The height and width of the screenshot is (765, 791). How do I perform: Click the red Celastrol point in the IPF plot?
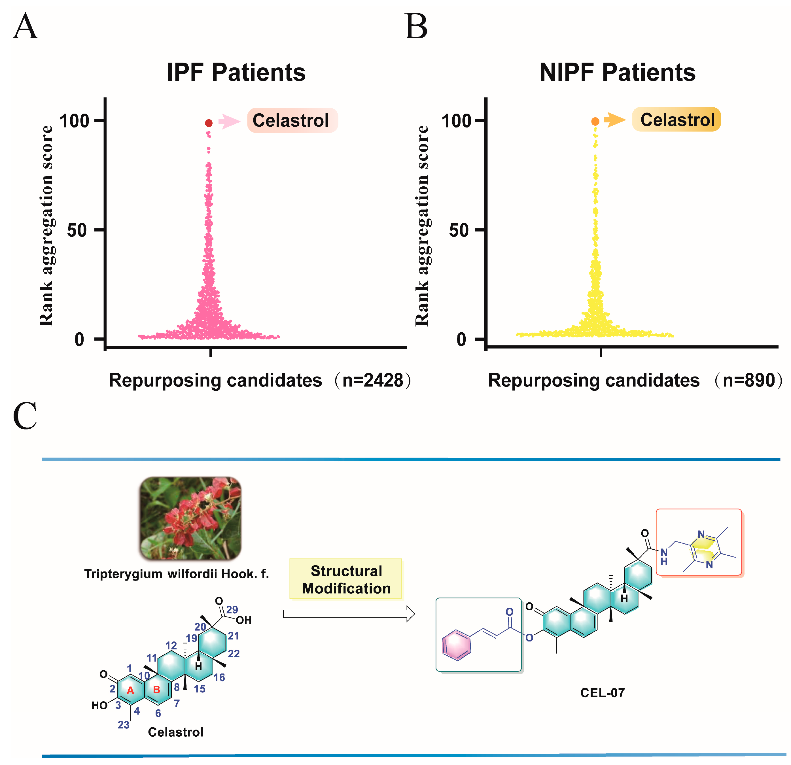point(209,123)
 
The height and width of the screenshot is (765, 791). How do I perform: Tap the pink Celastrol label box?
point(292,120)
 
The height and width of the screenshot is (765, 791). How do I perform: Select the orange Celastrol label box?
point(677,120)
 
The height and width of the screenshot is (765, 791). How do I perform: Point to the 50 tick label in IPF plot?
point(77,230)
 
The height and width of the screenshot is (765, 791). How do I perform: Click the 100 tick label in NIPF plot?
point(456,121)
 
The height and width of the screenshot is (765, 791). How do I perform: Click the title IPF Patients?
point(236,73)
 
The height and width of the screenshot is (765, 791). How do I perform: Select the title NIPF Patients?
point(618,73)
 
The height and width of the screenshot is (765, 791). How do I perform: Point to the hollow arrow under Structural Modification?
point(349,614)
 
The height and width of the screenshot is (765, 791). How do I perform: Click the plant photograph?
point(190,518)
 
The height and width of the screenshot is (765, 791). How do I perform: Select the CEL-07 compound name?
point(603,693)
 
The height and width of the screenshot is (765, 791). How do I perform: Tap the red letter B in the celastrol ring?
point(157,690)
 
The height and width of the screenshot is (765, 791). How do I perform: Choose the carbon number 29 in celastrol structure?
point(232,610)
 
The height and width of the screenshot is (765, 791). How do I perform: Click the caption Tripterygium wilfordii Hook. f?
point(176,574)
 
